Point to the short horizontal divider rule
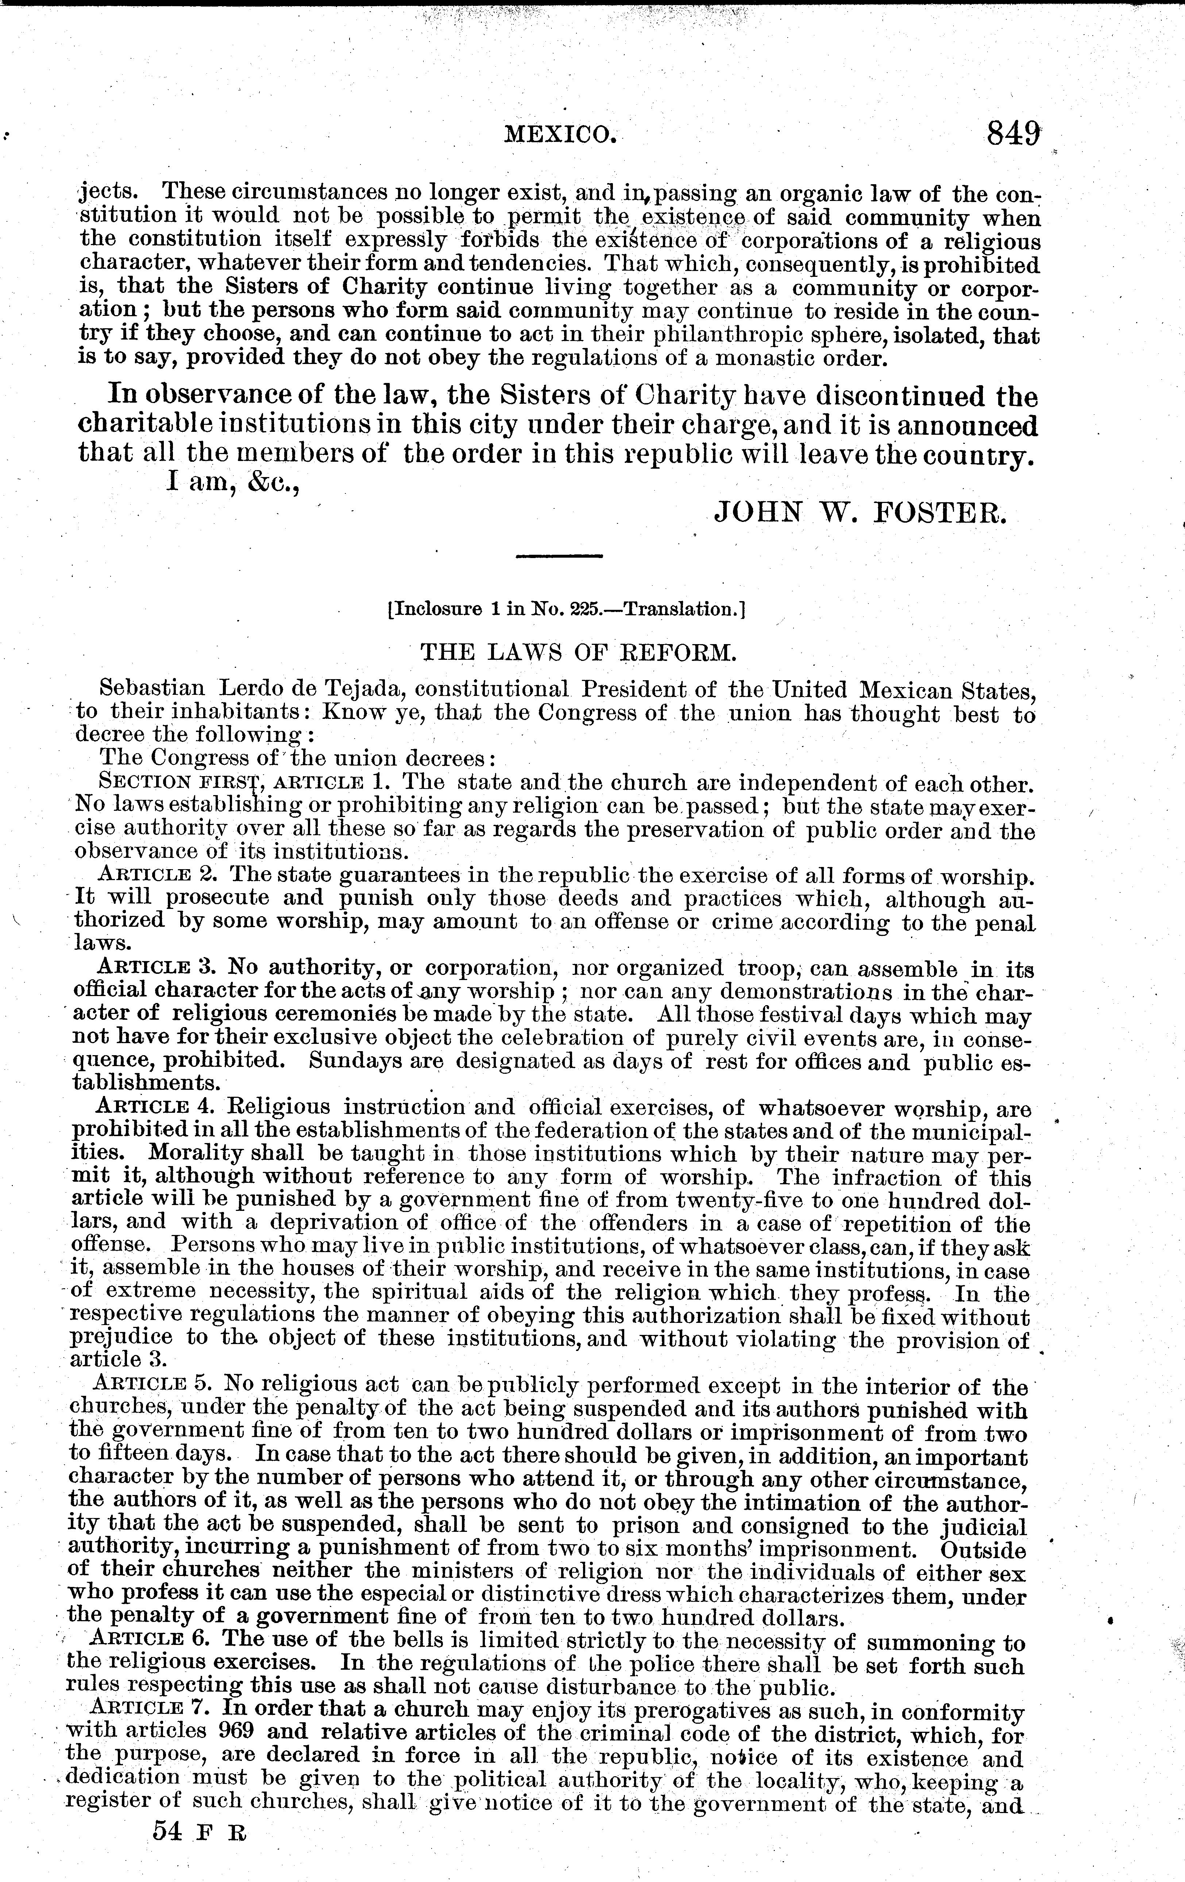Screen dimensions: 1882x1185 click(x=560, y=556)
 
